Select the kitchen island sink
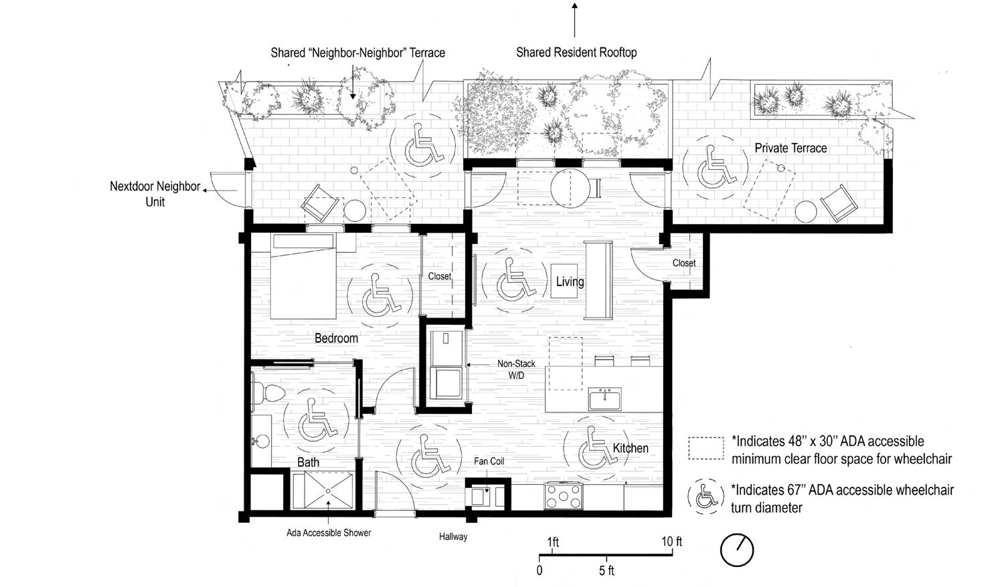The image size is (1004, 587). (605, 399)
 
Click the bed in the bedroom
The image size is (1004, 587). (303, 277)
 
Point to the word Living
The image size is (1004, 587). (570, 281)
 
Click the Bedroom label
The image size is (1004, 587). (336, 338)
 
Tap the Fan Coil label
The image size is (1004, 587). (489, 461)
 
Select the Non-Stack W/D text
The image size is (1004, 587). (516, 370)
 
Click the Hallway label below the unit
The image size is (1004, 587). (453, 536)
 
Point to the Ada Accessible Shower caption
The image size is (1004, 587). (329, 533)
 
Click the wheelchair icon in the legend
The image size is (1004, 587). (705, 495)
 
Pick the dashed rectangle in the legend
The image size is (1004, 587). (706, 448)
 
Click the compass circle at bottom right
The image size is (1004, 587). (737, 550)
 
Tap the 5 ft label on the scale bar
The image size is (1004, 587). (606, 571)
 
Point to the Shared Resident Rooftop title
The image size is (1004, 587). (576, 52)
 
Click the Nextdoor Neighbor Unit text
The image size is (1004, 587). (155, 194)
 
